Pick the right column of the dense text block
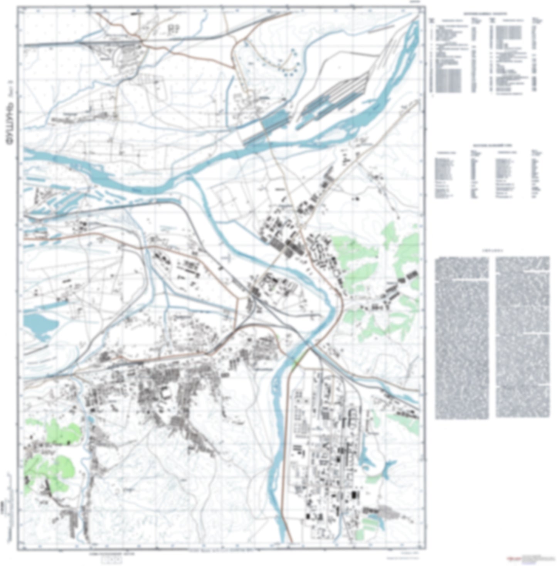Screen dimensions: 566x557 [522, 337]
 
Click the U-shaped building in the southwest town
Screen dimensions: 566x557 [166, 393]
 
